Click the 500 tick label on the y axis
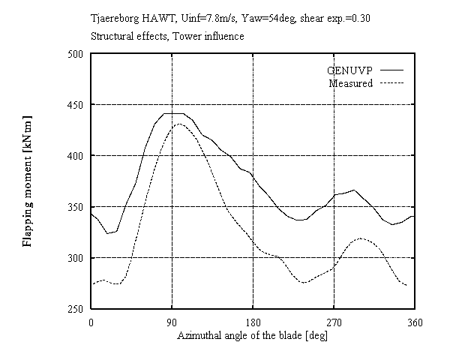tap(76, 54)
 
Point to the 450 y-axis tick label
tap(76, 105)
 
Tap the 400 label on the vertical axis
tap(76, 156)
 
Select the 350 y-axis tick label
tap(76, 207)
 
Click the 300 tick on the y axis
tap(76, 258)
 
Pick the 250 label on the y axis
tap(76, 309)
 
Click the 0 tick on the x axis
tap(91, 322)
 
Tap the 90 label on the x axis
tap(172, 322)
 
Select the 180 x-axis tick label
tap(253, 322)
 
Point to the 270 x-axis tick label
tap(334, 322)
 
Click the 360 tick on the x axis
tap(415, 322)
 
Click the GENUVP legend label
tap(349, 70)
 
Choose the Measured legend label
tap(351, 83)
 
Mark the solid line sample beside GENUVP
tap(391, 70)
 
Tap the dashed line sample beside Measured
tap(391, 83)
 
